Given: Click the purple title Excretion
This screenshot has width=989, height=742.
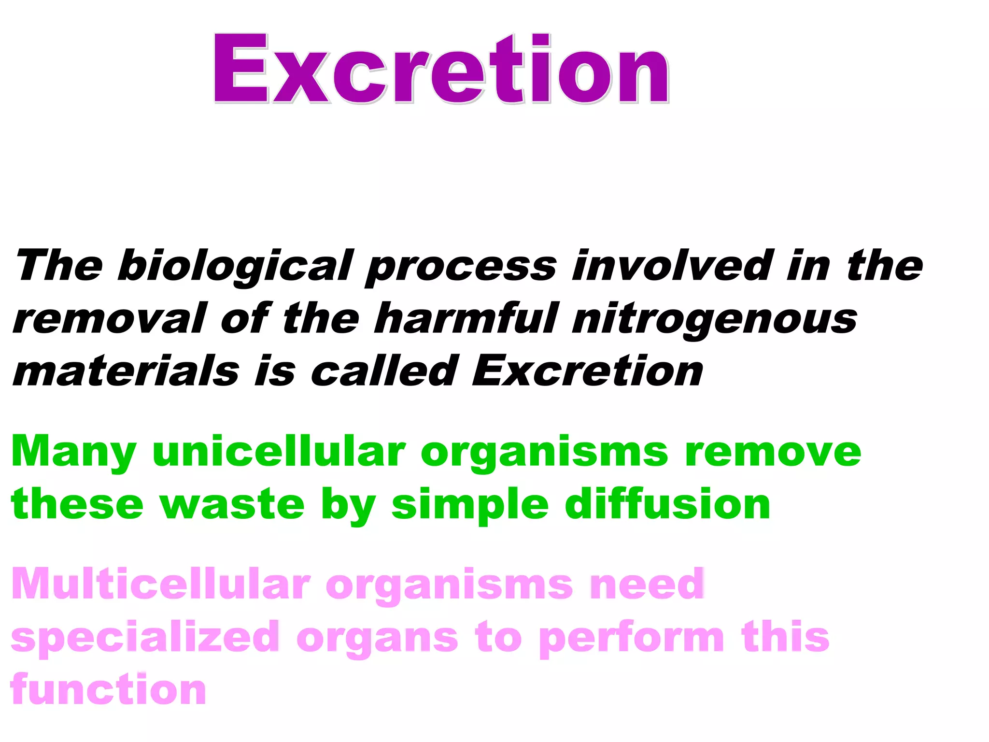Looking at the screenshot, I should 440,69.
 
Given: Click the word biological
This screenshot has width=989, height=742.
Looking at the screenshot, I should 235,266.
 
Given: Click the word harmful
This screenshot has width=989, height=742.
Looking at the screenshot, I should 466,318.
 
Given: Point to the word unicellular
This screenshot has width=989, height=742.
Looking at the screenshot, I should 279,451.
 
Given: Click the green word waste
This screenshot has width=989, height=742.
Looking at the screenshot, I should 232,505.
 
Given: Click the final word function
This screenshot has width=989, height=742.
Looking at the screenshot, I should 108,689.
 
